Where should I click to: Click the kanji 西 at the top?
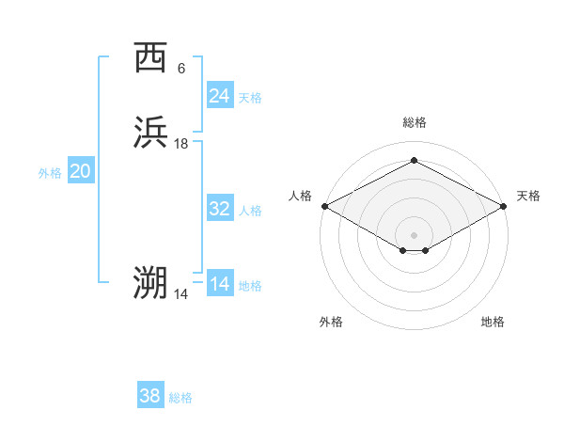pos(150,59)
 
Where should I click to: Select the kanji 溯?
pos(150,283)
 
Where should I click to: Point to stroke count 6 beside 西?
pos(181,68)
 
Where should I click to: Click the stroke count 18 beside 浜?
pos(181,143)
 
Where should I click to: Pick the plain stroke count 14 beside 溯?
pos(181,294)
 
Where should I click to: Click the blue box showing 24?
pos(220,95)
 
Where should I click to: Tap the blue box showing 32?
pos(220,209)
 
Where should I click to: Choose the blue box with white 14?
pos(220,284)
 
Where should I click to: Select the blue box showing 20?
pos(81,171)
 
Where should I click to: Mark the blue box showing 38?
pos(150,396)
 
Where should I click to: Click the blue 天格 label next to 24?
pos(250,97)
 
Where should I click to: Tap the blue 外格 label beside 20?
pos(50,173)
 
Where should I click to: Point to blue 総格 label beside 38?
pos(180,398)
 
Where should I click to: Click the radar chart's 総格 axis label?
pos(415,122)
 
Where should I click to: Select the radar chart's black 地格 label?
pos(493,322)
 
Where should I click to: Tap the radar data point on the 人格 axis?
pos(324,206)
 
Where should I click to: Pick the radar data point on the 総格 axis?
pos(415,161)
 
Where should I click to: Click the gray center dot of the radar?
pos(415,234)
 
